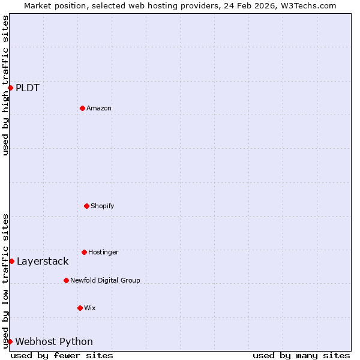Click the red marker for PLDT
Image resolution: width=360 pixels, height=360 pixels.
click(x=10, y=88)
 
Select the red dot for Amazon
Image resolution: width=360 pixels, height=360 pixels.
click(x=82, y=108)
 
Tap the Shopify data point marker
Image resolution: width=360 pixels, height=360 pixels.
click(x=86, y=206)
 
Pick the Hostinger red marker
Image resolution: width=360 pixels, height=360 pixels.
click(x=84, y=252)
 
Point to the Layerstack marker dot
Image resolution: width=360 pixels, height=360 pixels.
click(x=11, y=261)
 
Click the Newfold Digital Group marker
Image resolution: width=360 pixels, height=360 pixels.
click(x=66, y=280)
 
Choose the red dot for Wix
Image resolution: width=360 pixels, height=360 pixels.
click(x=80, y=308)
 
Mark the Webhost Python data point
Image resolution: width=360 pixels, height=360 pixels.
click(x=10, y=341)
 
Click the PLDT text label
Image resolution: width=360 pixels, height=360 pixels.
click(x=28, y=88)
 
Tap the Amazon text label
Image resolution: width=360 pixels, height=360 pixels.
click(x=99, y=108)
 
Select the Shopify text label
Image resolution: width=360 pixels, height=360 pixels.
click(x=103, y=206)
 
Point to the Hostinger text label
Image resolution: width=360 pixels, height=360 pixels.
click(x=103, y=252)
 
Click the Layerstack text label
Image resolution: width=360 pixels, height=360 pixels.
click(x=43, y=262)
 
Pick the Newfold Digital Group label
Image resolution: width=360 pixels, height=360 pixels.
click(x=105, y=280)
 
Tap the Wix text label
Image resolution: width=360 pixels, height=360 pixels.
click(x=90, y=308)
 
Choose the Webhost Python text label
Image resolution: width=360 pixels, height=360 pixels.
click(x=54, y=342)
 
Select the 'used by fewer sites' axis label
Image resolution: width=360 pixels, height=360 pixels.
click(x=62, y=355)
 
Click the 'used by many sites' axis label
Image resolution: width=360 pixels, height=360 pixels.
click(x=301, y=355)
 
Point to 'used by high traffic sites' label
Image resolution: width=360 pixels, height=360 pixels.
click(x=5, y=85)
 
